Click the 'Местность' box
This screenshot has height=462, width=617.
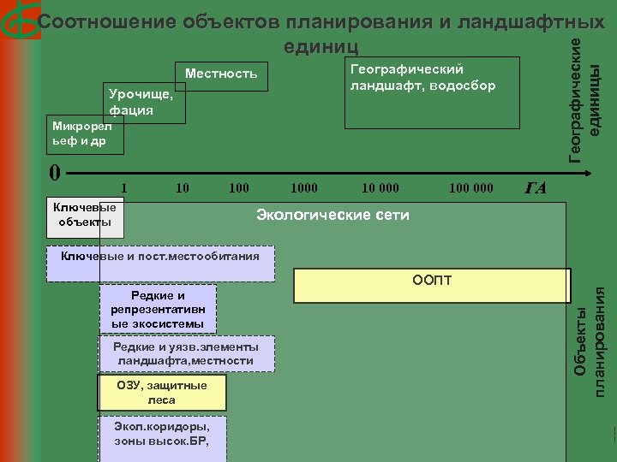coord(221,74)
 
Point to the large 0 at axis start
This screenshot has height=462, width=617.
coord(54,173)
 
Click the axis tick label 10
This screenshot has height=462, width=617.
coord(182,187)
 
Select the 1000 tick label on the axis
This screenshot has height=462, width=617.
coord(303,187)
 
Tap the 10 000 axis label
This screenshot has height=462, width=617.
coord(379,187)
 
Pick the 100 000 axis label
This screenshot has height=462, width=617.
coord(470,187)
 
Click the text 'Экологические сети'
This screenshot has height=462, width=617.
coord(333,215)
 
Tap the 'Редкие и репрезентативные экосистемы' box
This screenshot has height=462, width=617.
coord(158,310)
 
